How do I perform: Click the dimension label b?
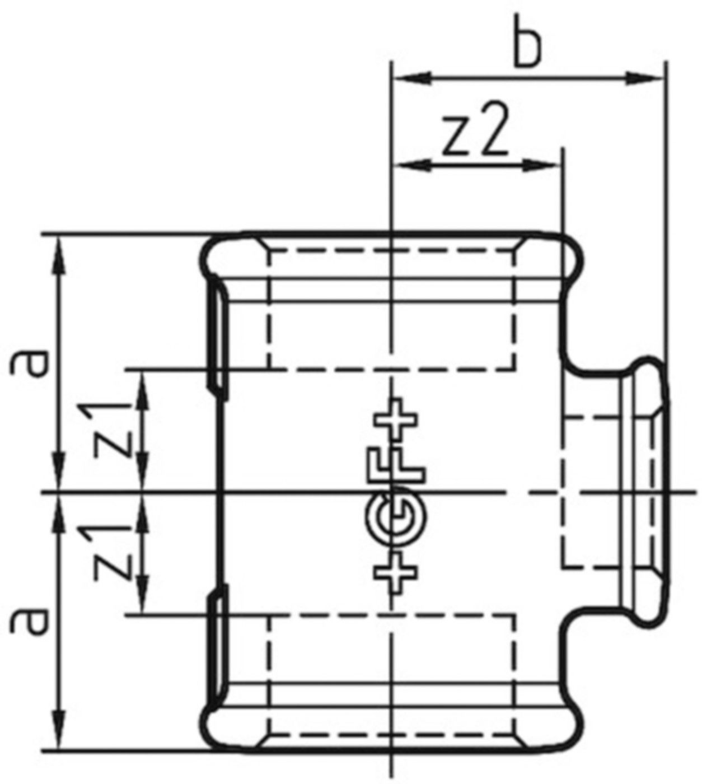coord(528,48)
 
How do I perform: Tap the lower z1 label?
coord(115,552)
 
